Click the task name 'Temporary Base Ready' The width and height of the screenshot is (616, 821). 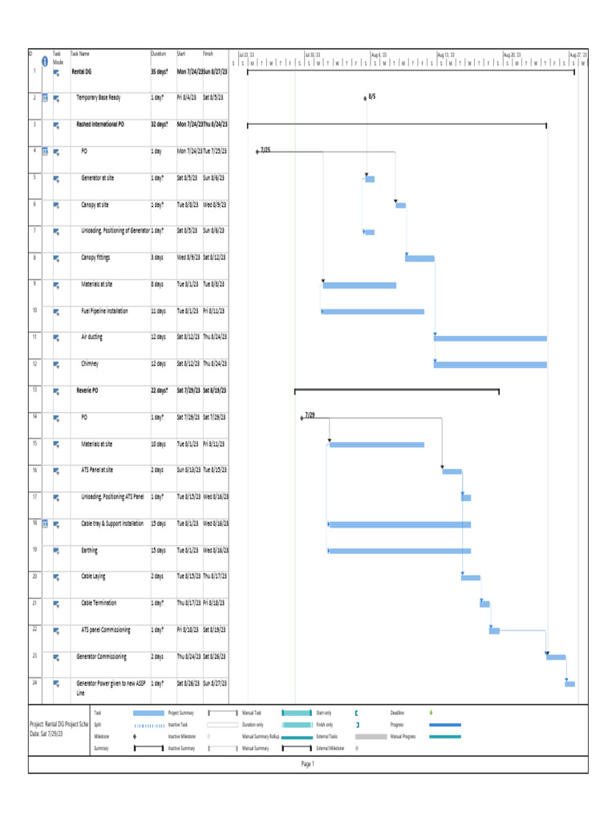[x=99, y=98]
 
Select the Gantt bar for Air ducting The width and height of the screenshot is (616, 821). [x=490, y=338]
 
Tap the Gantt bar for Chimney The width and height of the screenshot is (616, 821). [x=490, y=365]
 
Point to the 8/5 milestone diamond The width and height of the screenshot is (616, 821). [x=365, y=98]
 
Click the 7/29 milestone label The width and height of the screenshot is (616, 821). [x=310, y=415]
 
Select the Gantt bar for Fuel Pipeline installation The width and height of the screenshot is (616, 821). [x=372, y=311]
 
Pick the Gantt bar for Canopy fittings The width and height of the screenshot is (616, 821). [x=419, y=258]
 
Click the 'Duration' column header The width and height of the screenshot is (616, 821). [x=159, y=54]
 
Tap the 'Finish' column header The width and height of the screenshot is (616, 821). [x=209, y=54]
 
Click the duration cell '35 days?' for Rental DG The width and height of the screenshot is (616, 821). [x=160, y=71]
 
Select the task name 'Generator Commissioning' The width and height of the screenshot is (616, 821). [x=101, y=657]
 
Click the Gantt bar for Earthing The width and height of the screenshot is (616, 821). [x=399, y=551]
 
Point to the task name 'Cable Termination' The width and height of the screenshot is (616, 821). [x=99, y=603]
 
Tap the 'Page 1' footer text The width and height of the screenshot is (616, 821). [x=308, y=764]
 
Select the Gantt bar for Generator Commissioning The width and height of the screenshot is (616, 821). [x=556, y=657]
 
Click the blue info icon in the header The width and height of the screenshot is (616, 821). [x=45, y=59]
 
